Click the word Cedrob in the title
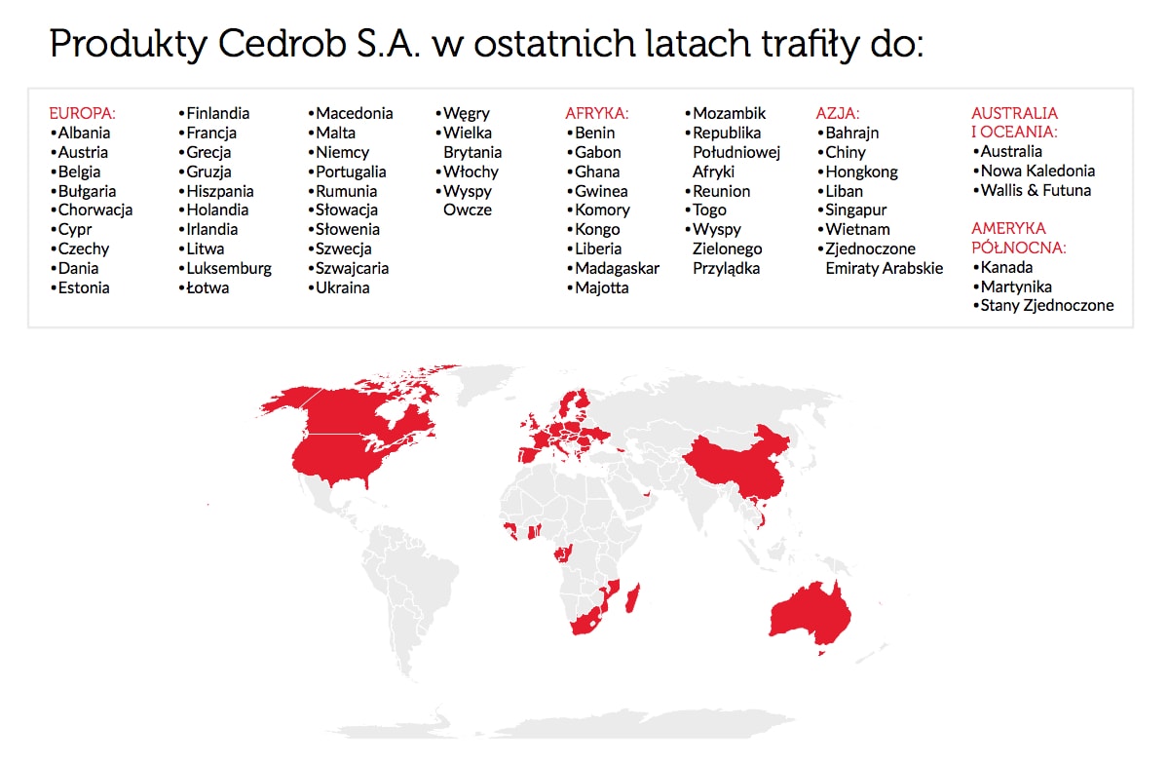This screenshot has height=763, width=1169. [282, 43]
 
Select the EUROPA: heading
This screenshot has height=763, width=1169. [83, 113]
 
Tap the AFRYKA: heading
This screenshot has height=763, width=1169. [597, 113]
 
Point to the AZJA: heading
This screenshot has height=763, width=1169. [838, 113]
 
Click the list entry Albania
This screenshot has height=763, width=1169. [84, 133]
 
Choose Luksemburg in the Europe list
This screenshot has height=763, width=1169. [229, 268]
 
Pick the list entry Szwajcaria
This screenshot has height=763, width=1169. [353, 268]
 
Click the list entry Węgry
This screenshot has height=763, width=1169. [467, 114]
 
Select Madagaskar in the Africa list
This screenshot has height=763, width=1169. [618, 268]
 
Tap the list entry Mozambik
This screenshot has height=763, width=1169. [729, 113]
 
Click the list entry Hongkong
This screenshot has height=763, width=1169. [861, 172]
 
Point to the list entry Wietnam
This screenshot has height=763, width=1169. [857, 229]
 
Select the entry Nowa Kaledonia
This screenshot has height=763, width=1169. [1037, 171]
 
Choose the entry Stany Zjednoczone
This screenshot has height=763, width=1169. [1047, 305]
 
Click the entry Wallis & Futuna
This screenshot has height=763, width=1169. [1036, 190]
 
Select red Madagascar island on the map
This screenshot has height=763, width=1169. [632, 598]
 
